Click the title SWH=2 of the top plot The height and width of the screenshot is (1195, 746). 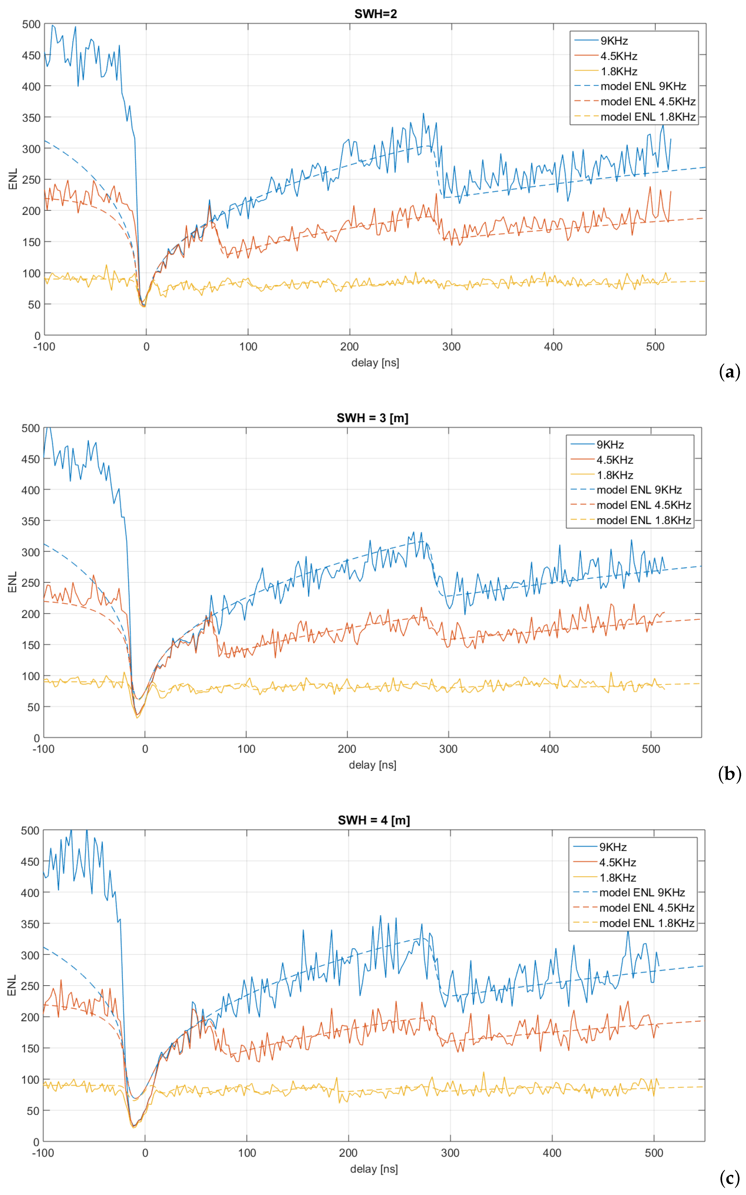(376, 14)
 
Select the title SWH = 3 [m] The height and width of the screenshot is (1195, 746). (373, 418)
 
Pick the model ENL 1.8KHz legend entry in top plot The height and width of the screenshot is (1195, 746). (647, 117)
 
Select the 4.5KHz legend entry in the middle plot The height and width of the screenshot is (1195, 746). (614, 460)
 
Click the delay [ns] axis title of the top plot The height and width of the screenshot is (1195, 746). (375, 363)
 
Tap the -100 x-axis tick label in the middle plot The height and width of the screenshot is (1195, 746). (43, 749)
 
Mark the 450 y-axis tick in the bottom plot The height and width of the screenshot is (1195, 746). (30, 861)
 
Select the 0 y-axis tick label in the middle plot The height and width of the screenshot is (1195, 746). (36, 738)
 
